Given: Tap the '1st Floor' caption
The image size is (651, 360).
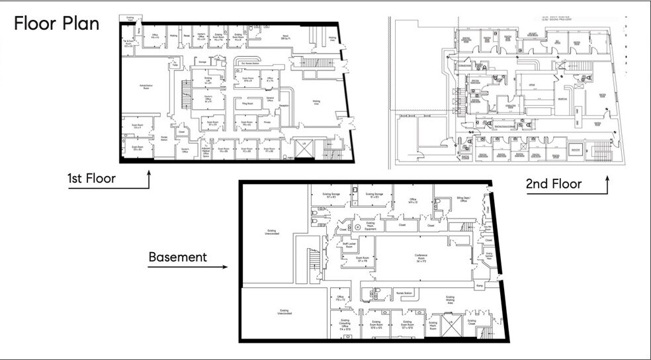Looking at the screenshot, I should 91,179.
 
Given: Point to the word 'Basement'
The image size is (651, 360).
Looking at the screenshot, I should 177,256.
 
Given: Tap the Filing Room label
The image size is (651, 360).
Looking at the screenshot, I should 248,105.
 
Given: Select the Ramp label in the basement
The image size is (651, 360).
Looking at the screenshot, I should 480,285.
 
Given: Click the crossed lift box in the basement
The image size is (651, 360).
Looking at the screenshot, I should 453,327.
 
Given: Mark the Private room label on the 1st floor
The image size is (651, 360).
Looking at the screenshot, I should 267,122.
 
